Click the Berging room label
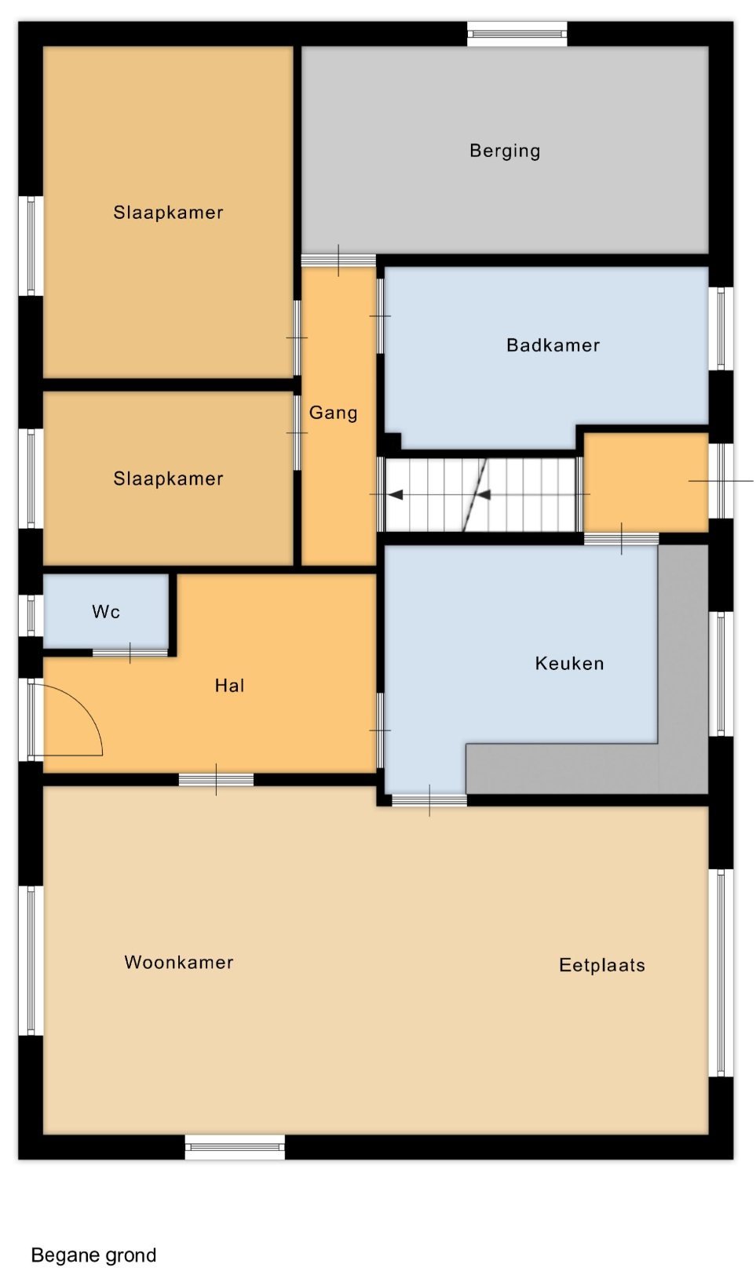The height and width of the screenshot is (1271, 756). click(505, 151)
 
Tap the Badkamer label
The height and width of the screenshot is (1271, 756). click(553, 345)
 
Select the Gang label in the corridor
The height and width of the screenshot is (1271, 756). click(333, 413)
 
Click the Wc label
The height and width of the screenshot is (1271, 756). click(105, 611)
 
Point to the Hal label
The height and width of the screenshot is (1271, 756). click(229, 686)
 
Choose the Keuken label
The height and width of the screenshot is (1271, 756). click(569, 663)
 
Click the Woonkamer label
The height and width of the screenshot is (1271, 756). click(179, 962)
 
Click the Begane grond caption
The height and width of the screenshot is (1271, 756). click(93, 1255)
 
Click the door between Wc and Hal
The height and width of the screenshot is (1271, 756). click(130, 653)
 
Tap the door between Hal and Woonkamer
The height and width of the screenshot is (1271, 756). click(216, 780)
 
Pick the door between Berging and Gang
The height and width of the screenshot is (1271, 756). click(338, 260)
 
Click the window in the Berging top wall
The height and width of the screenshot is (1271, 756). click(517, 34)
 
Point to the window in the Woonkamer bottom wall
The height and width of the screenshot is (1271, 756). click(235, 1147)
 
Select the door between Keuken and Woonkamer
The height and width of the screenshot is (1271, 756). click(429, 800)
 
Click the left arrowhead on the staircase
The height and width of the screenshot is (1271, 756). click(396, 495)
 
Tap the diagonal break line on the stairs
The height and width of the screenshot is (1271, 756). click(475, 495)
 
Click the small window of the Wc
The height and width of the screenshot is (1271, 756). click(31, 616)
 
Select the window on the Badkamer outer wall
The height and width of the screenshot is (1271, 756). click(721, 329)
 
